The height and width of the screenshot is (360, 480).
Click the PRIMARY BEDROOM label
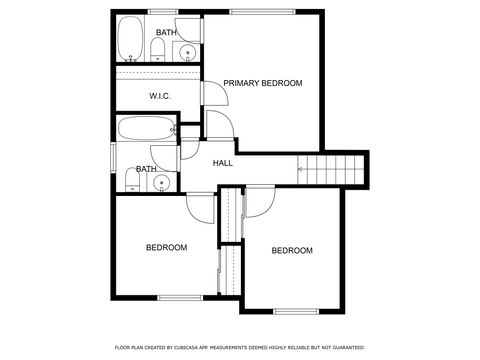coord(262,83)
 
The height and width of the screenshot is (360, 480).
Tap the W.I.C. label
coord(160,96)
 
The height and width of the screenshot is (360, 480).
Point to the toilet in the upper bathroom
coord(160,49)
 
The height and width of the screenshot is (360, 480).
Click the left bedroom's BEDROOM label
coord(166,247)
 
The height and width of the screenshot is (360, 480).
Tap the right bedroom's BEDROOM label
coord(292,250)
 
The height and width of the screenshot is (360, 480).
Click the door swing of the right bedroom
coord(259,203)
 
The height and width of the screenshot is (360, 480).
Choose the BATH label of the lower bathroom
coord(146,169)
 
